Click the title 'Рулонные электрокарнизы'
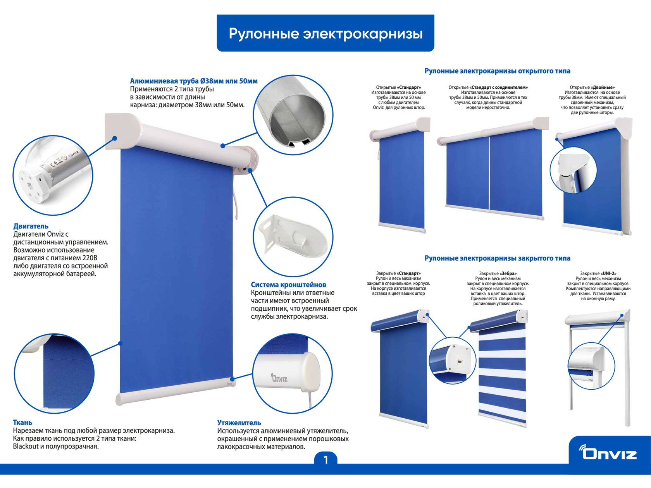click(325, 33)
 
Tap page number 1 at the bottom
click(325, 460)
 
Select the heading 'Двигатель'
click(31, 226)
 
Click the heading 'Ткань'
click(22, 423)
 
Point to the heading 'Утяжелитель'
click(239, 423)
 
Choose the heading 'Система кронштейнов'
click(288, 285)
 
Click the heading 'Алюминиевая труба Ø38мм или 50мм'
click(193, 81)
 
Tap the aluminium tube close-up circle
click(293, 115)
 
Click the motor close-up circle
click(53, 175)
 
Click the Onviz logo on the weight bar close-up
click(279, 378)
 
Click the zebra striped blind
click(502, 374)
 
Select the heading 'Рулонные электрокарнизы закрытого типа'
click(497, 258)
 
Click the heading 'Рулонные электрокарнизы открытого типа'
click(497, 71)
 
